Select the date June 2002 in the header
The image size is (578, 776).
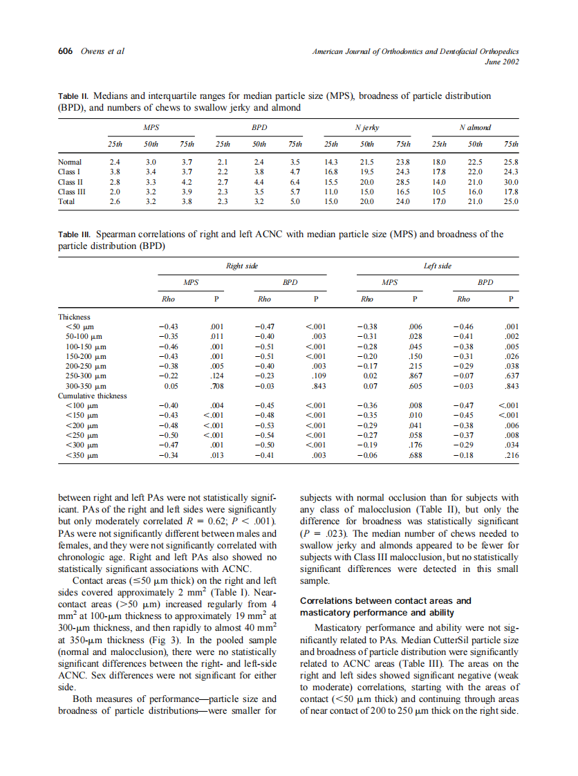[x=502, y=62]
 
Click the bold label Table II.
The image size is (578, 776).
[x=73, y=97]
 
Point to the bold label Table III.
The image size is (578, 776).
[x=74, y=234]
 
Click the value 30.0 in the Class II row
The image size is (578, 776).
[x=511, y=183]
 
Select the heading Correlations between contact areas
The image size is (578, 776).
[x=386, y=601]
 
